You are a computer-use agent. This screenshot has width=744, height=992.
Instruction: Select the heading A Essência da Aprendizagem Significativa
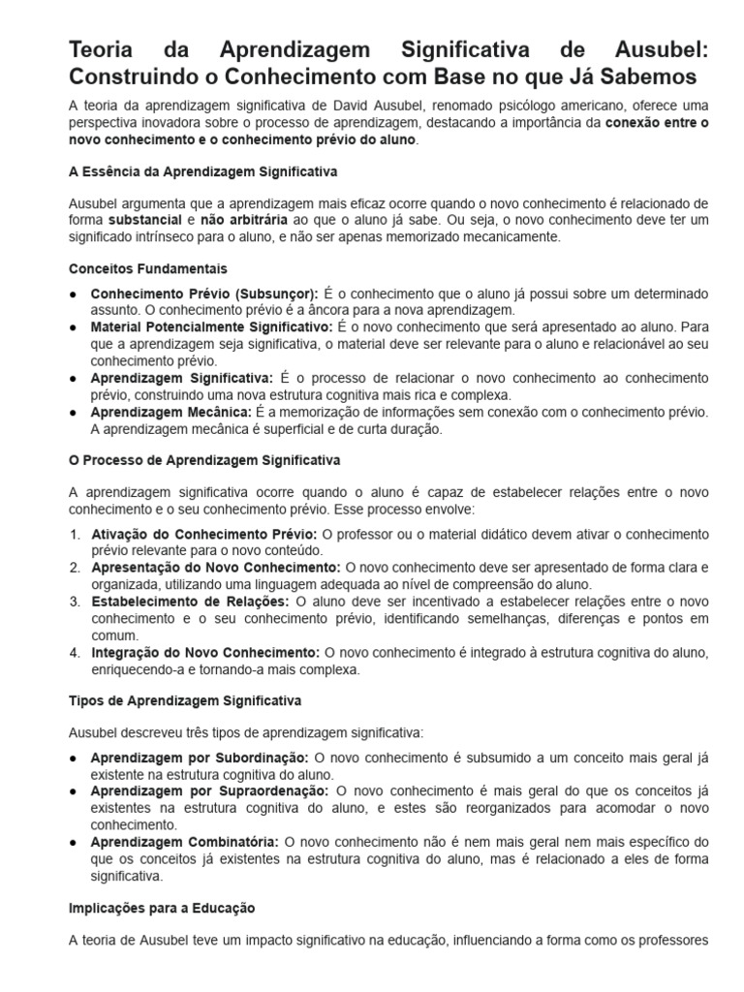click(202, 171)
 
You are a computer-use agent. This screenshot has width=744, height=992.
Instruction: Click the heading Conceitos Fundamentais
click(148, 268)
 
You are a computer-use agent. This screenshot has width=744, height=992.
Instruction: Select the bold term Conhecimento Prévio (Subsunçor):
click(203, 294)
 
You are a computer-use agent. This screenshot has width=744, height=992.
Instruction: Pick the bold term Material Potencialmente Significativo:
click(211, 327)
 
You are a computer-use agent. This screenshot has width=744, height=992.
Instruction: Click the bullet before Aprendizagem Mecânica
click(75, 413)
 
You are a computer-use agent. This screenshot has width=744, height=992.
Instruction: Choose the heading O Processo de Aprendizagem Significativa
click(204, 460)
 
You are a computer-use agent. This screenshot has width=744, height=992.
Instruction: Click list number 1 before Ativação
click(75, 534)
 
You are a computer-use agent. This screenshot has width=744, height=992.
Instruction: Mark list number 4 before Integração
click(75, 653)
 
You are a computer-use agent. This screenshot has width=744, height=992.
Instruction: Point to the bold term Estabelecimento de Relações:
click(190, 602)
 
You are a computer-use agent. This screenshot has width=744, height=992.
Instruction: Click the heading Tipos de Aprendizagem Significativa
click(185, 699)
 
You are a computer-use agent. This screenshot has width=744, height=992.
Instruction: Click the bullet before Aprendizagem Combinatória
click(75, 843)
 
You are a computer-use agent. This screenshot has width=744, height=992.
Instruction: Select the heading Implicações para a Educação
click(162, 909)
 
